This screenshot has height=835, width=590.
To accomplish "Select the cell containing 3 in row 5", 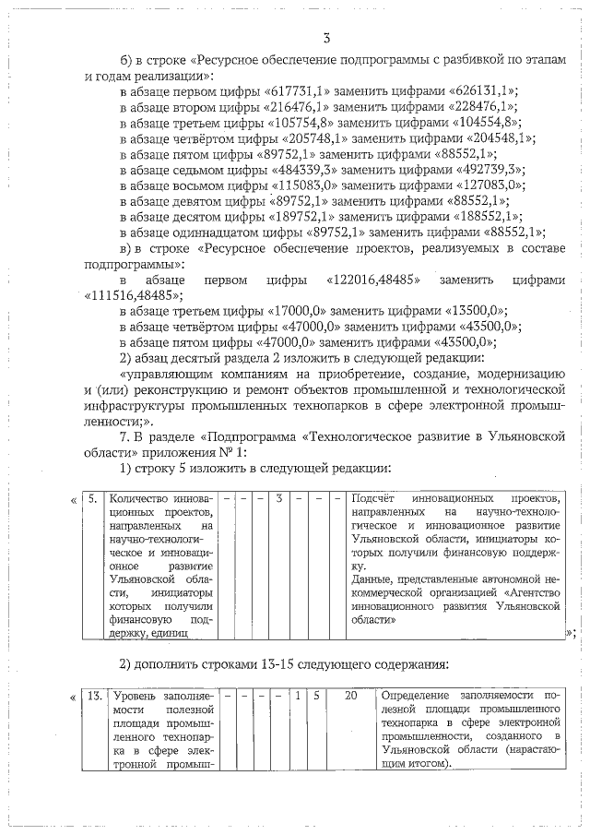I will tap(278, 499).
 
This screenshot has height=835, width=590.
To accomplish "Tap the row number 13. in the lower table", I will tap(93, 695).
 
